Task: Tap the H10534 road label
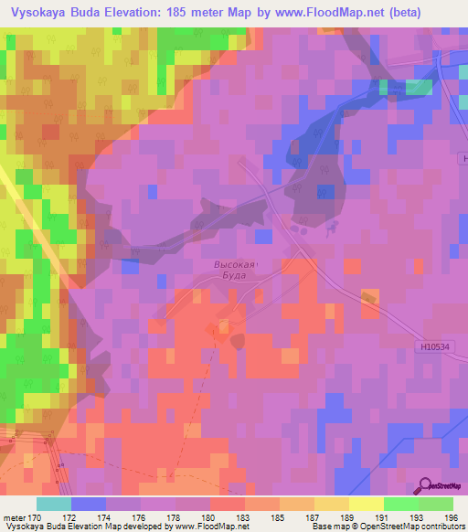[x=437, y=346]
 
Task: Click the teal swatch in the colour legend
[x=54, y=504]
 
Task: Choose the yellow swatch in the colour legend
[x=367, y=504]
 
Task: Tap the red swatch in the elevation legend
[x=228, y=504]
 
